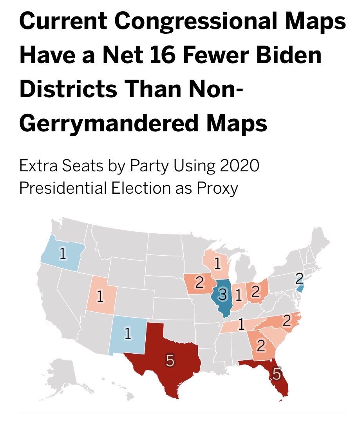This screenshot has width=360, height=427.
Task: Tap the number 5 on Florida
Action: tap(277, 374)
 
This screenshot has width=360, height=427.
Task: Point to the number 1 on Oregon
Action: tap(62, 254)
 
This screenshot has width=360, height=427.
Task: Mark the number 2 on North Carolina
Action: tap(287, 321)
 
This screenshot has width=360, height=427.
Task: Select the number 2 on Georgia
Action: tap(261, 346)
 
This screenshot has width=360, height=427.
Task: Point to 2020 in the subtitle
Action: tap(237, 167)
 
